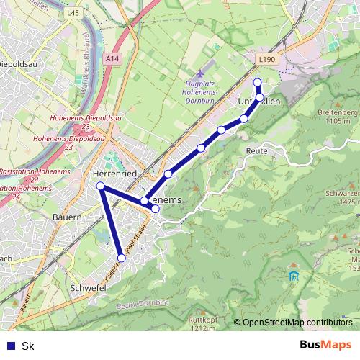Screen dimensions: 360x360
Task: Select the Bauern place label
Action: click(x=68, y=216)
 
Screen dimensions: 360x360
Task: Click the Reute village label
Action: click(x=256, y=151)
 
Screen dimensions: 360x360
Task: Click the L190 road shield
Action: click(x=266, y=60)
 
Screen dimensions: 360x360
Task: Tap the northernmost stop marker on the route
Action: click(x=257, y=82)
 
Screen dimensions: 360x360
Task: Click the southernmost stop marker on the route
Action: click(x=122, y=257)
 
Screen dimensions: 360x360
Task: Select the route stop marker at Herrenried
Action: click(x=101, y=186)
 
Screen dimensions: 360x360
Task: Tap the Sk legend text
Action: click(x=28, y=346)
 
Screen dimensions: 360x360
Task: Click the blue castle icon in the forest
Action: click(x=293, y=276)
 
